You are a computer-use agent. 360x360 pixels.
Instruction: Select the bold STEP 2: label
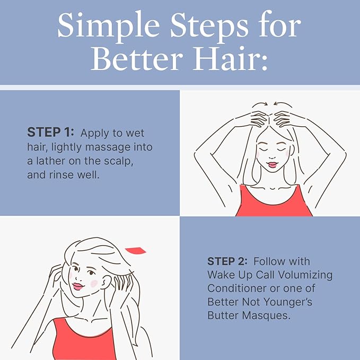(228, 262)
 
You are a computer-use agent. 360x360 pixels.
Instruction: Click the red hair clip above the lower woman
(136, 250)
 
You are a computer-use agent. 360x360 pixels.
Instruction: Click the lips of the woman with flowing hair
(77, 286)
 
